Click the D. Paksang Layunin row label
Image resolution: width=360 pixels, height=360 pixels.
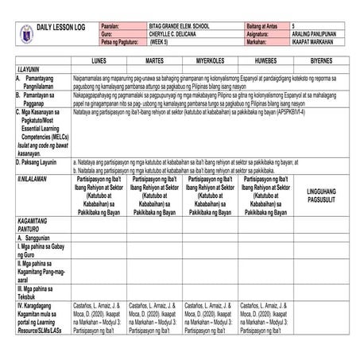pyautogui.click(x=40, y=161)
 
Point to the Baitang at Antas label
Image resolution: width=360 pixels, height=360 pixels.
pyautogui.click(x=254, y=26)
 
